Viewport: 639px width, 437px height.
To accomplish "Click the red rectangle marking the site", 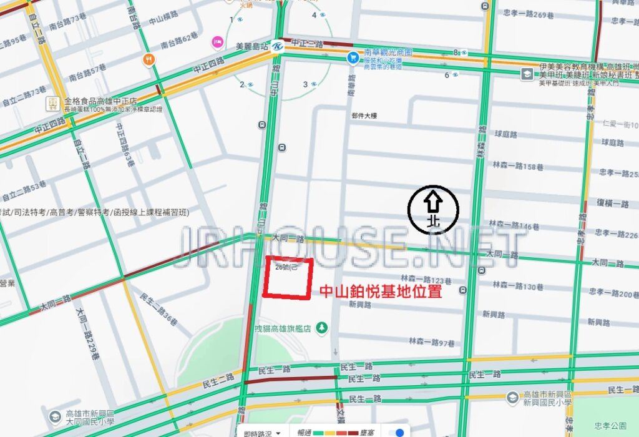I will tap(287, 278).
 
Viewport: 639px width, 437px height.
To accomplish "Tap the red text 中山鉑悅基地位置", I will tap(381, 291).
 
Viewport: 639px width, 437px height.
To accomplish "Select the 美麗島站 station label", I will tap(251, 46).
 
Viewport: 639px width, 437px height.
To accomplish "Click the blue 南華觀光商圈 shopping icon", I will tap(352, 57).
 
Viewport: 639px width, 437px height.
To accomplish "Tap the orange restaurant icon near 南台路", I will tap(149, 59).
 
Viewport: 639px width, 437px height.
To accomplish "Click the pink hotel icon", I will tap(218, 41).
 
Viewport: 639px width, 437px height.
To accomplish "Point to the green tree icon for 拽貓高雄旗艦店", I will tap(321, 327).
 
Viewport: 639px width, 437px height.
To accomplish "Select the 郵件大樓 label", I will tap(364, 115).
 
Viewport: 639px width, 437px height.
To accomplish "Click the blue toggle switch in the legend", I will tap(396, 433).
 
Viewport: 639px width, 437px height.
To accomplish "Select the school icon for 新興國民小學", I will tap(512, 396).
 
